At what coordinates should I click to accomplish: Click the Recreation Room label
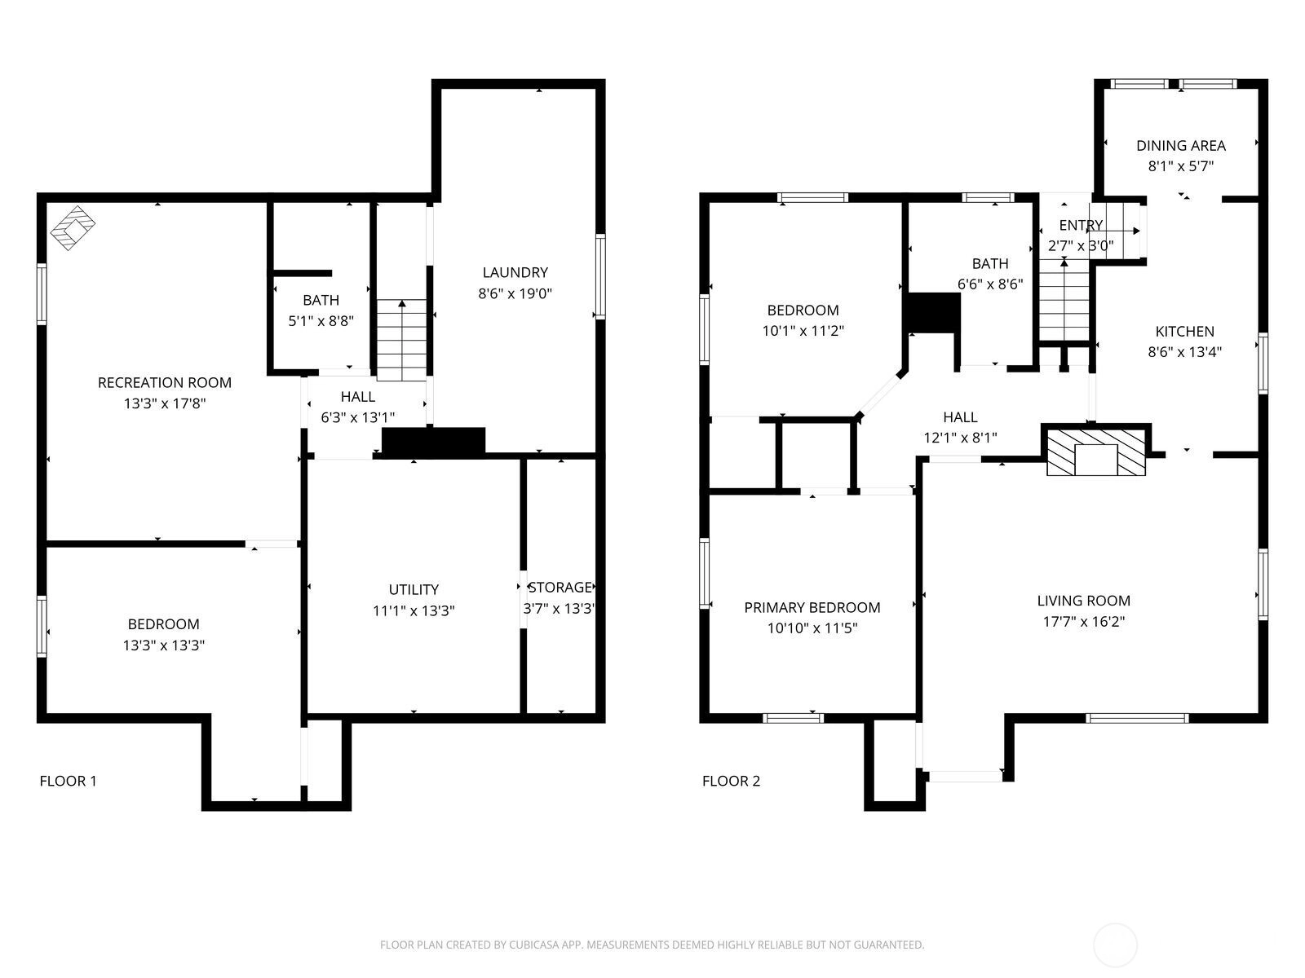(x=165, y=383)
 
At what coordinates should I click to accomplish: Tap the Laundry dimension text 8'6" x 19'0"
(x=515, y=293)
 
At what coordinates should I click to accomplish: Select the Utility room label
(x=414, y=589)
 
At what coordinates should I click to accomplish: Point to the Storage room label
(x=560, y=588)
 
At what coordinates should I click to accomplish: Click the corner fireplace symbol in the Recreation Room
(x=73, y=228)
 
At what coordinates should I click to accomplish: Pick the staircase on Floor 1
(x=402, y=340)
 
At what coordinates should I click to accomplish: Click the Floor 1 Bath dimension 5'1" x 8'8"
(x=321, y=321)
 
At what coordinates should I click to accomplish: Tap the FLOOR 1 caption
(x=68, y=781)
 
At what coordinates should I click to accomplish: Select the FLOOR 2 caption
(x=732, y=781)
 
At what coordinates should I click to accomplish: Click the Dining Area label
(x=1181, y=146)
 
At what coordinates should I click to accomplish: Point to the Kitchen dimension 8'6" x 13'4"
(x=1184, y=351)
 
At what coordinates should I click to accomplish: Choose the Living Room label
(x=1084, y=601)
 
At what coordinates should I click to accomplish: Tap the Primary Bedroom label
(x=812, y=607)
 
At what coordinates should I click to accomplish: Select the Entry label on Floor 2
(x=1081, y=225)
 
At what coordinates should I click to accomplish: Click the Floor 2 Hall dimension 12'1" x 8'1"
(x=960, y=438)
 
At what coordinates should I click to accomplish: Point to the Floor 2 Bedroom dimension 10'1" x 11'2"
(x=803, y=331)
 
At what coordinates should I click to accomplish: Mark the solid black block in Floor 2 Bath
(x=931, y=313)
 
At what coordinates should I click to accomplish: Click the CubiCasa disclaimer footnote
(x=652, y=945)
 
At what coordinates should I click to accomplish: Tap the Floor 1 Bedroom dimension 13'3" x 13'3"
(x=163, y=645)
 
